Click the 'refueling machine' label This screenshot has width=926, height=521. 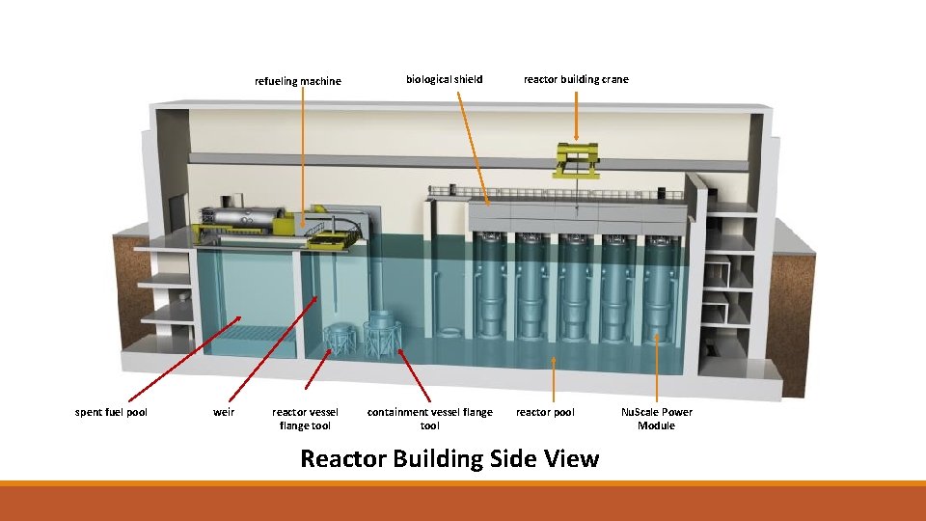297,81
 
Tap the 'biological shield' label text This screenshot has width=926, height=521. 444,79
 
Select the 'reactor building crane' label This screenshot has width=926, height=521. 576,79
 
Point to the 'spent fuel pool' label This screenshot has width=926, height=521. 111,413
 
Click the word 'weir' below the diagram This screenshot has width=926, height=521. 223,413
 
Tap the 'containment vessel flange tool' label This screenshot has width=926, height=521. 429,419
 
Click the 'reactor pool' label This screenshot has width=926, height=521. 545,413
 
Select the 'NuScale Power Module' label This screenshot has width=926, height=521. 656,419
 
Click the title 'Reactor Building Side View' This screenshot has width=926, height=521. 449,458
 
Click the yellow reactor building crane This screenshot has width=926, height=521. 576,159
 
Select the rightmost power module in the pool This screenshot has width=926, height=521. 660,289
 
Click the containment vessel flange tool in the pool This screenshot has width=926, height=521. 383,335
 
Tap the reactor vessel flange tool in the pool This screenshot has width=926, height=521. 340,339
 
